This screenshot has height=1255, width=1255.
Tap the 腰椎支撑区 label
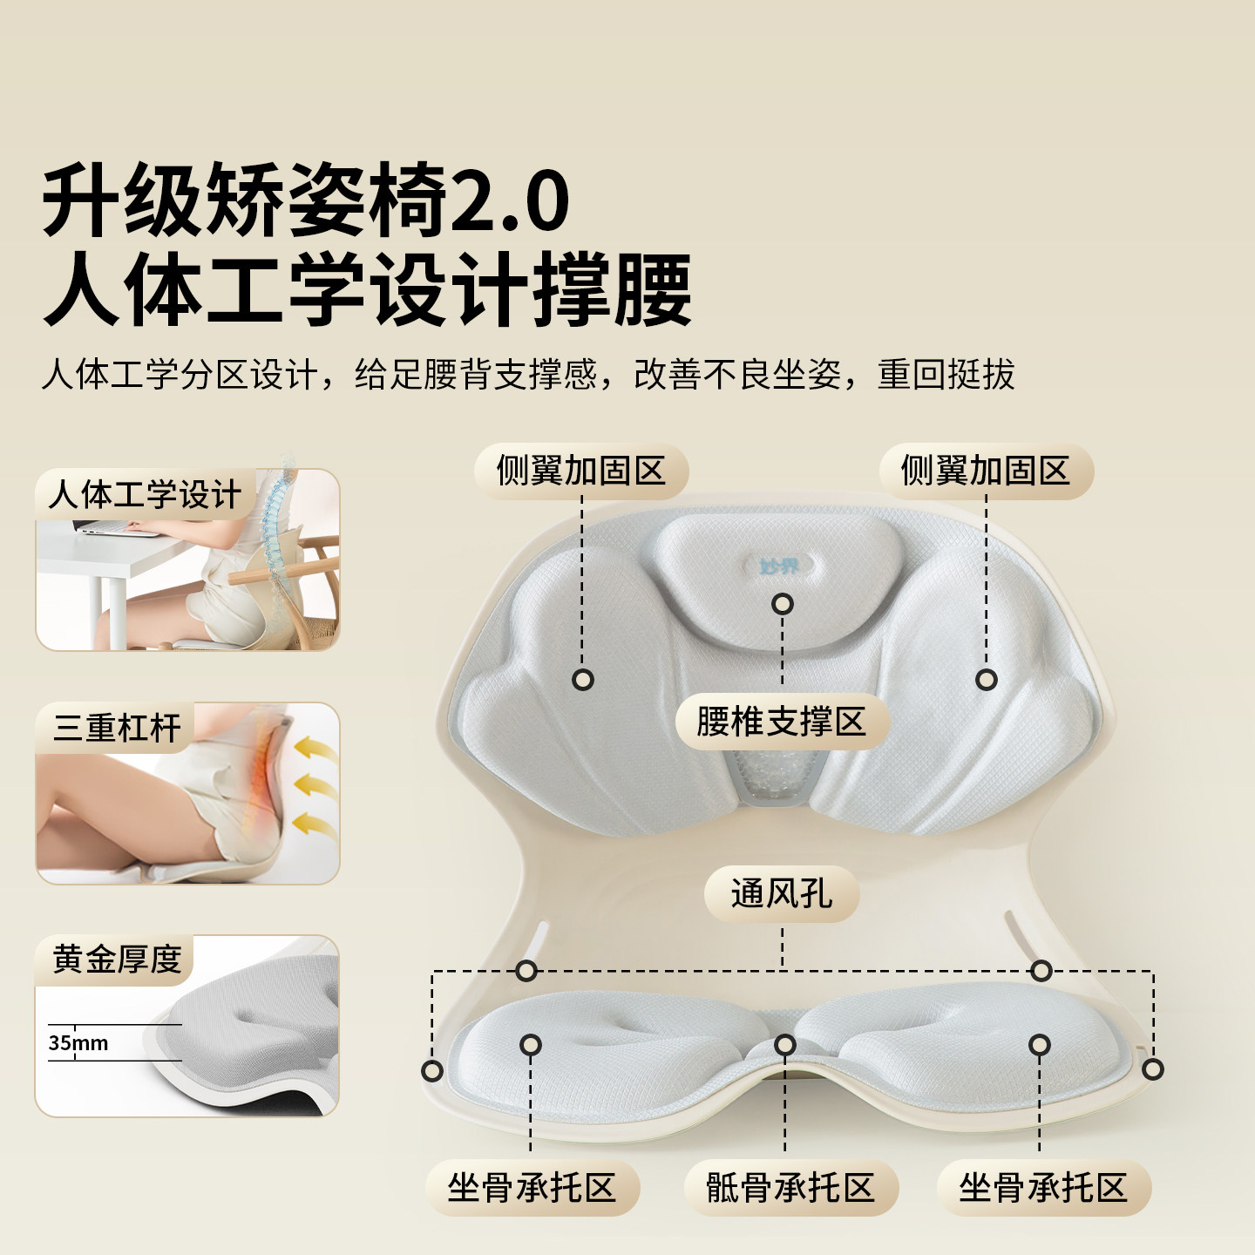pos(781,722)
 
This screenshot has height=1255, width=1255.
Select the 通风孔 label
pos(782,893)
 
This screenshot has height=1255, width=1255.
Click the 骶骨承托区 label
pos(790,1188)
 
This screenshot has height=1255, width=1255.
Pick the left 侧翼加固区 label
pos(581,471)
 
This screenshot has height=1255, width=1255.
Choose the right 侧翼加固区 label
pos(986,471)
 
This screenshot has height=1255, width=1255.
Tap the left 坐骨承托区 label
pos(533,1188)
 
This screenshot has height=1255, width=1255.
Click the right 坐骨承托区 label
pos(1043,1188)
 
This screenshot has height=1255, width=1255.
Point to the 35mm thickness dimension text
pos(78,1043)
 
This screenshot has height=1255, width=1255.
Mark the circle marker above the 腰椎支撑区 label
pos(783,603)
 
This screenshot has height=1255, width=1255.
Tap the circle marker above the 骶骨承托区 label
pos(785,1044)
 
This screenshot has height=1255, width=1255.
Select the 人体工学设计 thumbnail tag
pos(145,495)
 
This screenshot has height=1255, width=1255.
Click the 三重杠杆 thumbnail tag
pos(117,728)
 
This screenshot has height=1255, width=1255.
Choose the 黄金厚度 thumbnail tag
pos(117,960)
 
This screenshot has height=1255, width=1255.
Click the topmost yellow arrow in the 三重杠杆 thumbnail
pos(314,747)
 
